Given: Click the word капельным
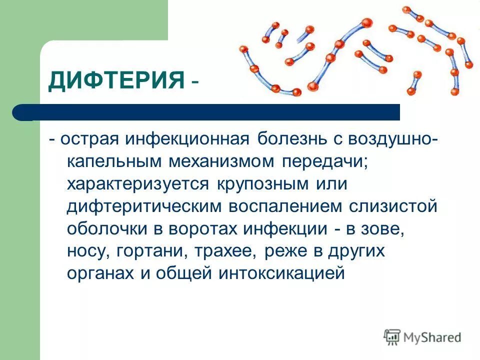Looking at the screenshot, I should point(113,161).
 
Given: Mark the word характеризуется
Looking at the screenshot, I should point(138,184).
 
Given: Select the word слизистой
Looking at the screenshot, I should point(392,207).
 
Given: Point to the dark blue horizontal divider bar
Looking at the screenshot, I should point(210,112).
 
